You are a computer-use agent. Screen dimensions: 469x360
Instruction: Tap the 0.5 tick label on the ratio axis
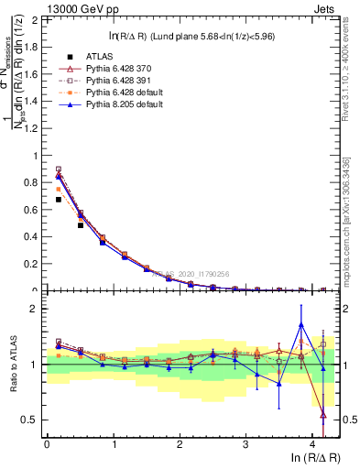[33, 420]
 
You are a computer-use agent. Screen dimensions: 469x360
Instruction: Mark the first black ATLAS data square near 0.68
[59, 199]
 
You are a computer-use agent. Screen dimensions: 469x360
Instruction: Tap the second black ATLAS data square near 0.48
[81, 225]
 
